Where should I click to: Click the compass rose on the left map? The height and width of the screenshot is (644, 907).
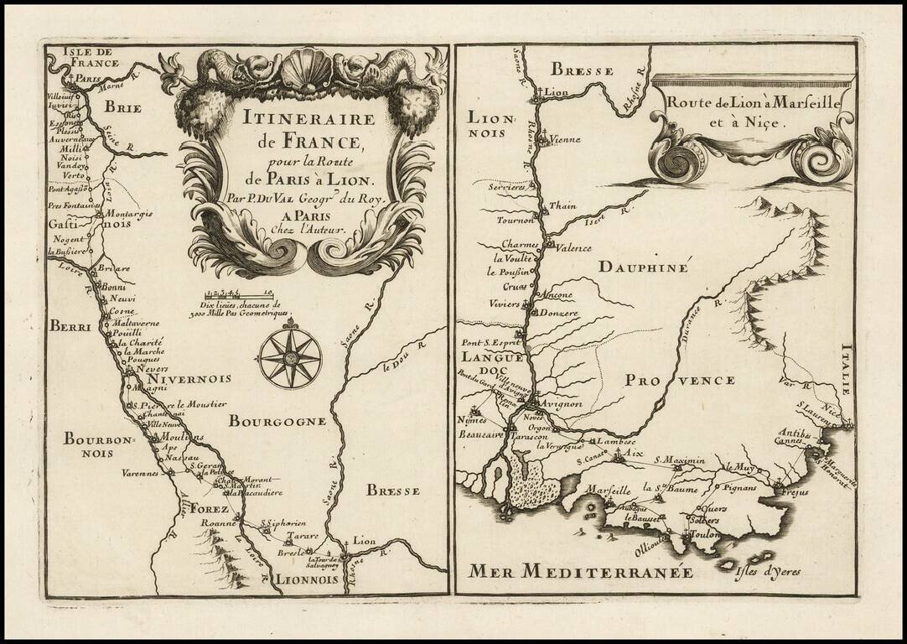[x=290, y=358]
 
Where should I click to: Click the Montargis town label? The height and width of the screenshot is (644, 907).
[x=130, y=214]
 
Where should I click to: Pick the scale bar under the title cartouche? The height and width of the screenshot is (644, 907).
[x=240, y=293]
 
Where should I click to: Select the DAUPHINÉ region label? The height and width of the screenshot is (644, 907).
[x=644, y=267]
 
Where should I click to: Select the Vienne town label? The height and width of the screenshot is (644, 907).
[x=568, y=142]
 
